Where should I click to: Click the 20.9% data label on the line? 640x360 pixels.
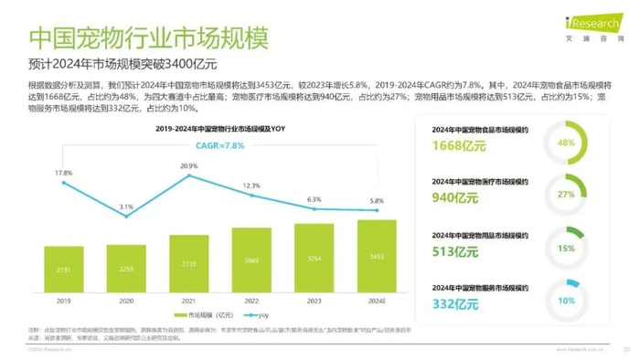189,166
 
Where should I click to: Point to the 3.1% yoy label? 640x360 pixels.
126,207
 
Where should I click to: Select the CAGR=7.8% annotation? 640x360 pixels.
221,146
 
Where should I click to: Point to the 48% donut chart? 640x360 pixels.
565,143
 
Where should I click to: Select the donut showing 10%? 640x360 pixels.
565,301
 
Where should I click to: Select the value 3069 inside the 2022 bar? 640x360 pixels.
251,260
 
